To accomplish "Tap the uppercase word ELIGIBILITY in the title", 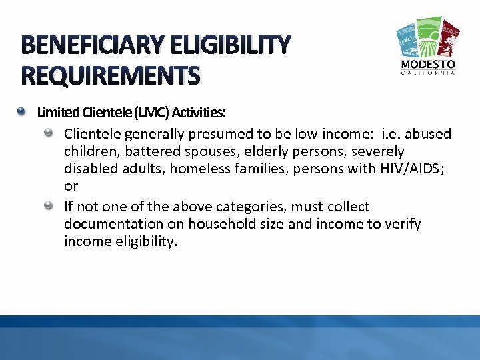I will click(231, 45).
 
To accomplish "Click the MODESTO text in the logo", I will click(428, 64).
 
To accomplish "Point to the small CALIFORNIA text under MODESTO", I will click(428, 73).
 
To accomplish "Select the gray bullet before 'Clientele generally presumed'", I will click(49, 133).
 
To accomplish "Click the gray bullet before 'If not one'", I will click(49, 205).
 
